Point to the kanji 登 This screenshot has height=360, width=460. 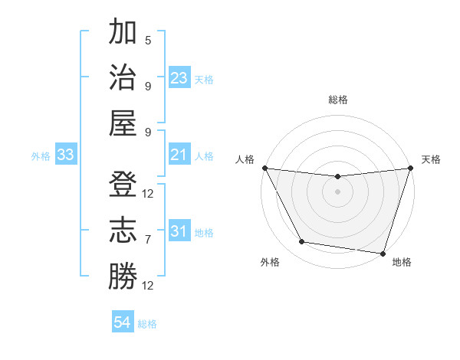(122, 185)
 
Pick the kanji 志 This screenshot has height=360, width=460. (122, 231)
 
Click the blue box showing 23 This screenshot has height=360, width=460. (179, 78)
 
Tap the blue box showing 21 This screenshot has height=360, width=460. (179, 155)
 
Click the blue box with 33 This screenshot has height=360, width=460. (65, 155)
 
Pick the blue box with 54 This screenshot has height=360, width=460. (122, 322)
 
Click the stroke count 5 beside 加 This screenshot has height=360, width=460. (148, 40)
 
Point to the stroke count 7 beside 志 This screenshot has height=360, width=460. (148, 240)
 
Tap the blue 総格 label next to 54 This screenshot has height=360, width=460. (147, 323)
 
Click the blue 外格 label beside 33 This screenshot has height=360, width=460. (41, 156)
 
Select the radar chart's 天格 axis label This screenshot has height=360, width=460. (431, 159)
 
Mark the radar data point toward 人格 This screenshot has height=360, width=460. (264, 168)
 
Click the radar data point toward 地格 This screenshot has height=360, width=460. (383, 253)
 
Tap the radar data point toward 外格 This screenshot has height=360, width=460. (302, 242)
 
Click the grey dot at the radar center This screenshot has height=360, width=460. (337, 191)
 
